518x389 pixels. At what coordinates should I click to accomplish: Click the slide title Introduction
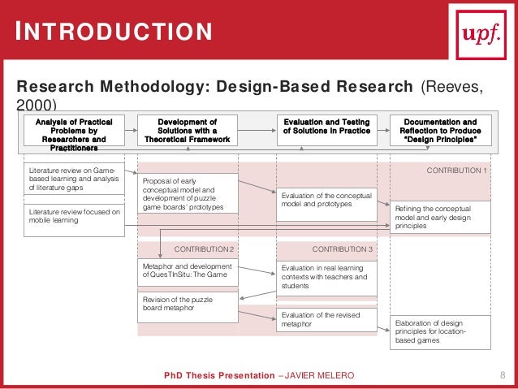(115, 32)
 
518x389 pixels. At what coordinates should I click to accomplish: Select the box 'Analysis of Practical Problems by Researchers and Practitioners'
(74, 133)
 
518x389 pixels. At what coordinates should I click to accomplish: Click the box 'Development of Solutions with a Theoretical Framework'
(187, 130)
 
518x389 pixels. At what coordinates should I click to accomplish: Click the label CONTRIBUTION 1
(456, 171)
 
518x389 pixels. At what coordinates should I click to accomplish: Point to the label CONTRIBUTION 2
(205, 248)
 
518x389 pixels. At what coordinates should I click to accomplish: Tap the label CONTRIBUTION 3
(342, 248)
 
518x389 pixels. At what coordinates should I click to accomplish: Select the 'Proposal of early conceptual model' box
(188, 193)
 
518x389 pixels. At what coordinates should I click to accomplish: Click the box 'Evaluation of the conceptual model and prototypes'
(327, 200)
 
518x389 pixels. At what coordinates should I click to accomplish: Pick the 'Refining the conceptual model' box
(442, 218)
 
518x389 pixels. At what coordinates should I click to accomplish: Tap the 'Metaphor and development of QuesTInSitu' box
(188, 271)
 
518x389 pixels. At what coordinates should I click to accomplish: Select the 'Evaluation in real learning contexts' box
(327, 276)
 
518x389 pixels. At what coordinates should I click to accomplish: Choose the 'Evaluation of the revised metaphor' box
(327, 319)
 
